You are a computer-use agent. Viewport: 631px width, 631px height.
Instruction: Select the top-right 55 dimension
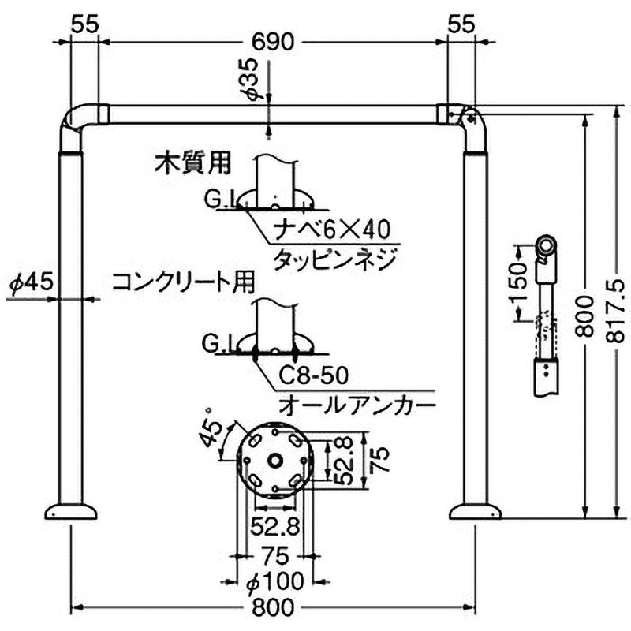(461, 24)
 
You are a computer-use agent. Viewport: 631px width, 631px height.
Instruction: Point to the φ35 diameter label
(250, 79)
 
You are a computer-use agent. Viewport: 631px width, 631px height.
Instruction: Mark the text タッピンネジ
(331, 259)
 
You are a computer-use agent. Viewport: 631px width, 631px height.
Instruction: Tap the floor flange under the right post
(475, 512)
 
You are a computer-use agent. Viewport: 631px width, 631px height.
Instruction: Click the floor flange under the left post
(72, 512)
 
